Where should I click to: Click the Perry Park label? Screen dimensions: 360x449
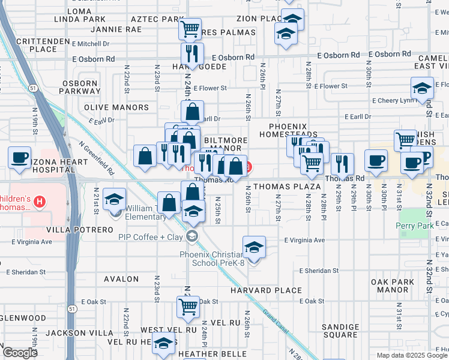pos(414,226)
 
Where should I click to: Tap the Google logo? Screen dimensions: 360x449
pos(19,353)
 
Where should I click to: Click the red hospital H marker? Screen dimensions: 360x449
pos(40,200)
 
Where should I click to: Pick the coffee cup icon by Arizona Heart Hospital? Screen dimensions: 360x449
pos(20,157)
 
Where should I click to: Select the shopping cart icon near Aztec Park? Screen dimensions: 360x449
pos(190,27)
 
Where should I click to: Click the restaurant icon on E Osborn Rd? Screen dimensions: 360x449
pos(193,53)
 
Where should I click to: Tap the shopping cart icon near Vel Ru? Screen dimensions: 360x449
pos(188,307)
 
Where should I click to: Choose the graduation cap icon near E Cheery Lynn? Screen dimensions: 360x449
pos(422,88)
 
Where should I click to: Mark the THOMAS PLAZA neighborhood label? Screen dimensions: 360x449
pos(287,187)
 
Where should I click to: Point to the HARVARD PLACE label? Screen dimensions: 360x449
pos(266,290)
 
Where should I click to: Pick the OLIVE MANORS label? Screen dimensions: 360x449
pos(116,107)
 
